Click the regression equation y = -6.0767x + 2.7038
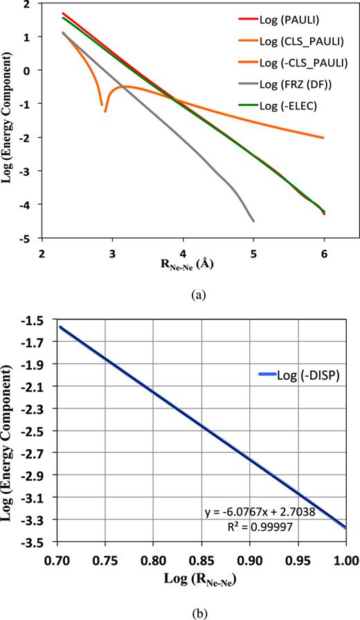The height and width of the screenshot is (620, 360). [x=284, y=512]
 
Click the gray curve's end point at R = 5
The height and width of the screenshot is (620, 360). [x=254, y=221]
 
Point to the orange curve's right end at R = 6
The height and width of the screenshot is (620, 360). [x=323, y=138]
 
